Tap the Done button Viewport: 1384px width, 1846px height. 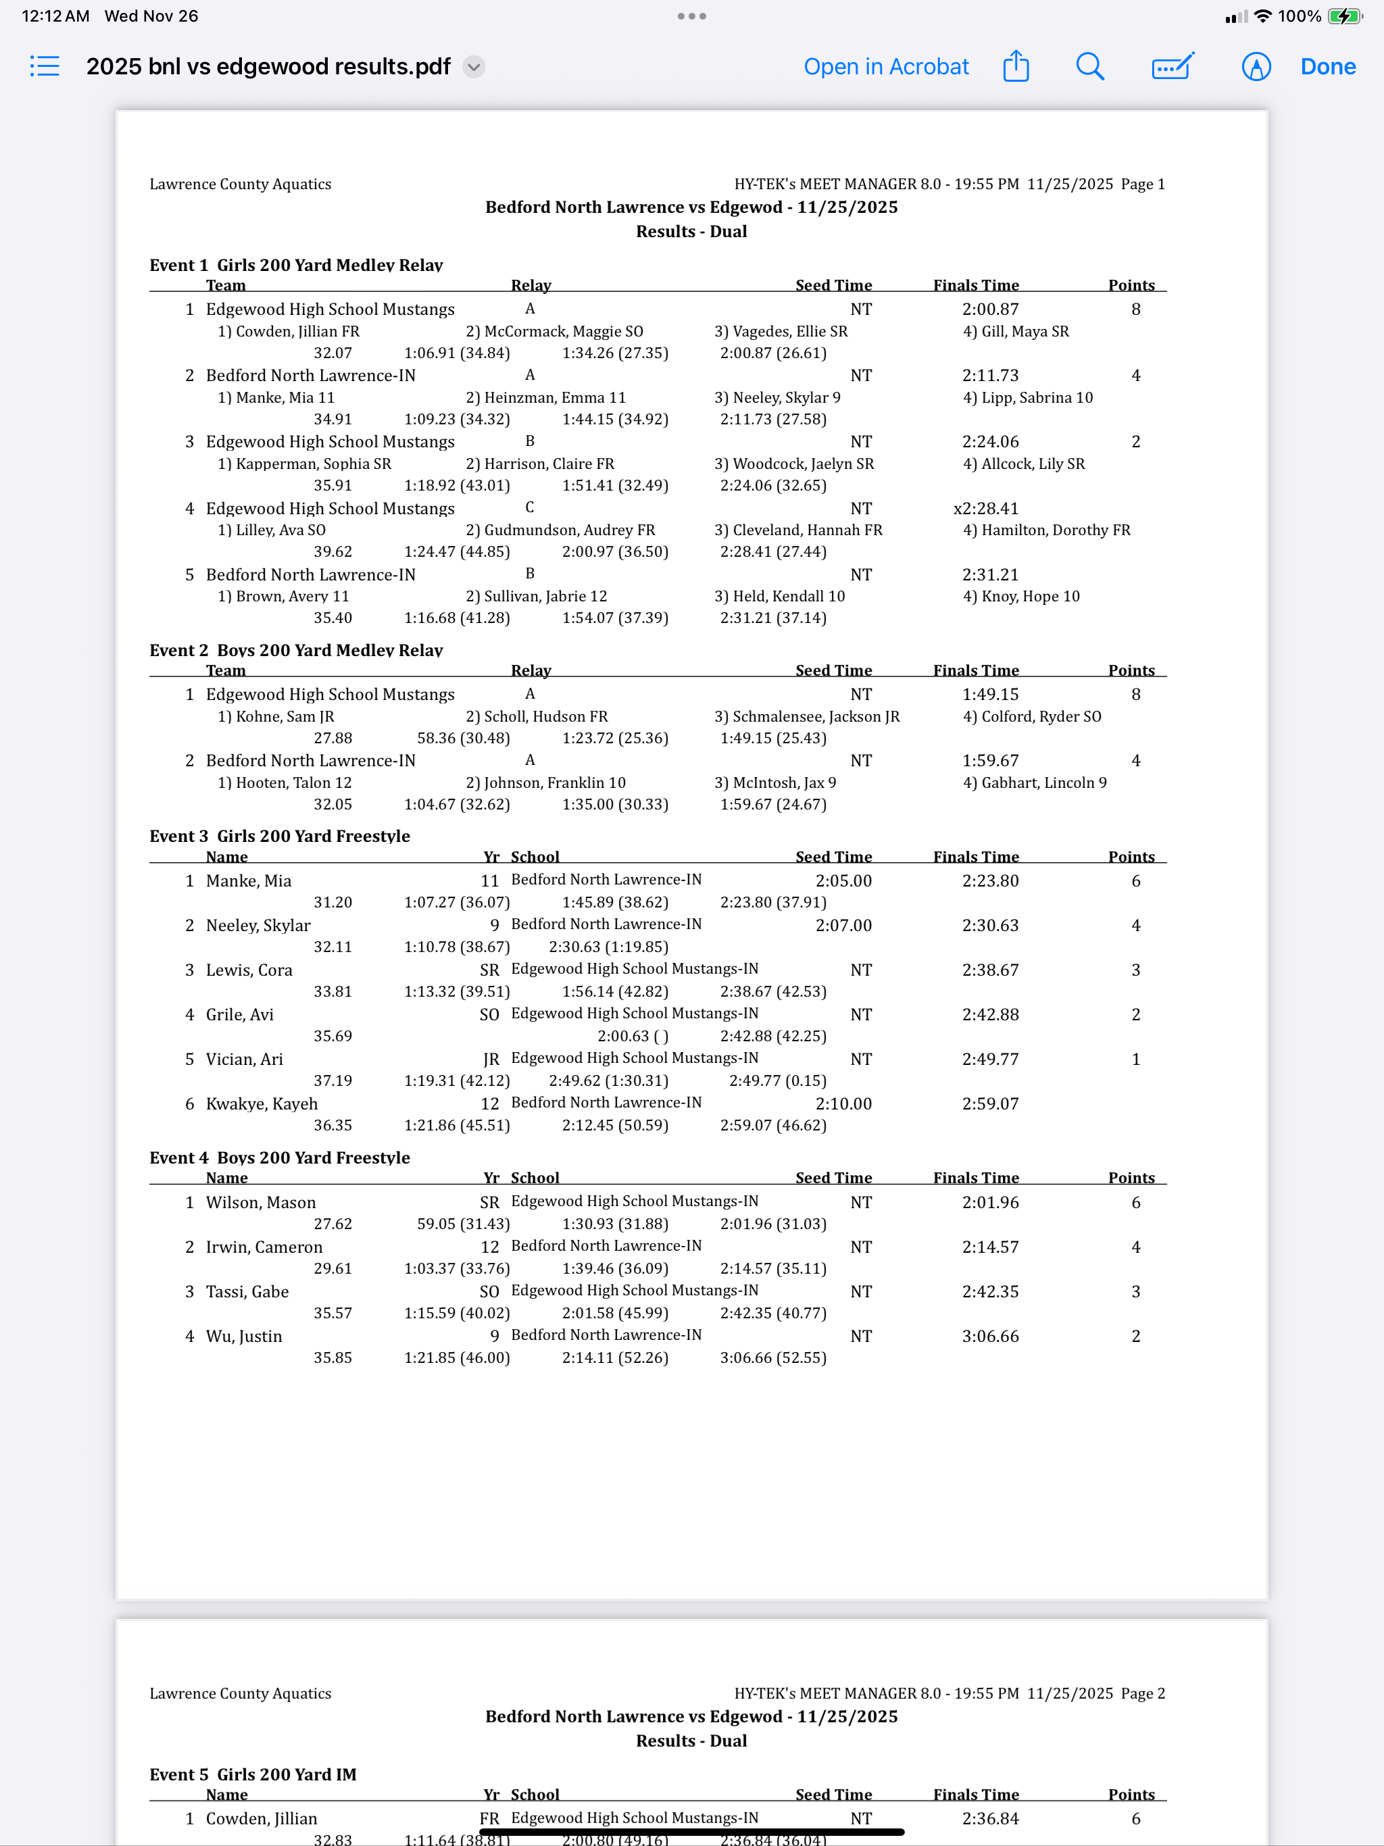coord(1327,67)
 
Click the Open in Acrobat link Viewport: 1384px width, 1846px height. coord(886,67)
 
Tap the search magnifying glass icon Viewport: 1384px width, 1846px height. coord(1089,67)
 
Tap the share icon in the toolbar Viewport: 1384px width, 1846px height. coord(1015,67)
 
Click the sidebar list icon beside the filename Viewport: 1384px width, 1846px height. coord(45,67)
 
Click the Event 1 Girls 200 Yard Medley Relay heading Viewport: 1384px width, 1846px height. coord(297,266)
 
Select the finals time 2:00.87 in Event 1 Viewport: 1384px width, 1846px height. coord(990,309)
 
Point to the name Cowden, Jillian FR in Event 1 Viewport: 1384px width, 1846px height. coord(289,331)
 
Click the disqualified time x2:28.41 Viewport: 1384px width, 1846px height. coord(986,508)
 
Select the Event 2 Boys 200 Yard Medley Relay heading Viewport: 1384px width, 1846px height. coord(297,650)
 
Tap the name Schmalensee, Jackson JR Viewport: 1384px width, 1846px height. coord(807,716)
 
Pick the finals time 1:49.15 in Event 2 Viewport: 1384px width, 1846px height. coord(990,695)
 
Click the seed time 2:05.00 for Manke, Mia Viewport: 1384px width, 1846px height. coord(843,880)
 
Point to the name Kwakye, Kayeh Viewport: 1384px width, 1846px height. coord(262,1103)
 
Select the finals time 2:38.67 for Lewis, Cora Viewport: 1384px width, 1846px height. coord(990,970)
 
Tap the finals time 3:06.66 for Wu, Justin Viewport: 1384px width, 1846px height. coord(990,1336)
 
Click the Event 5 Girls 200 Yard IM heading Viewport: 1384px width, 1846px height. coord(253,1774)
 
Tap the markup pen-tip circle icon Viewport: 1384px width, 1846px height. coord(1256,67)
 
